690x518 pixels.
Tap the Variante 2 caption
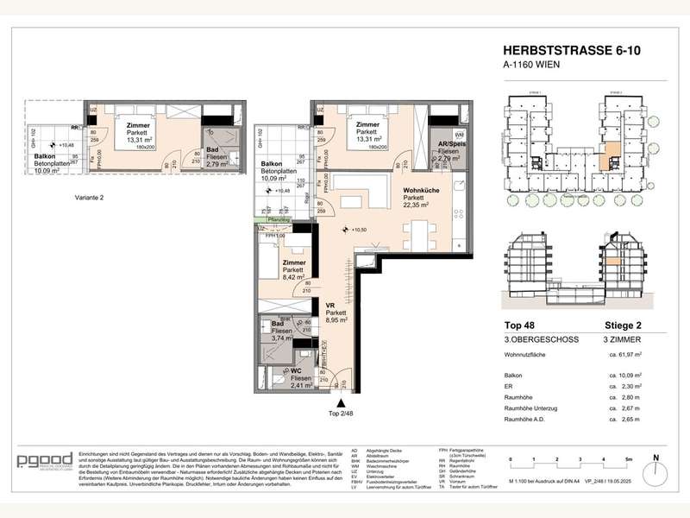pyautogui.click(x=91, y=198)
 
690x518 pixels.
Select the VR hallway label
pyautogui.click(x=329, y=305)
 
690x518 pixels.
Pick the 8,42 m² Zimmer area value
pyautogui.click(x=294, y=278)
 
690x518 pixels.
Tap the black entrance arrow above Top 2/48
pyautogui.click(x=342, y=403)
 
